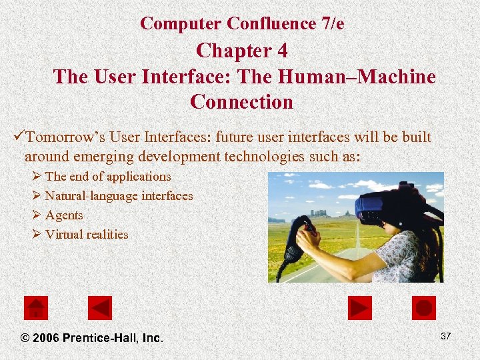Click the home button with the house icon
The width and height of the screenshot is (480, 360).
[35, 308]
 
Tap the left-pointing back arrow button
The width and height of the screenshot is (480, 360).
[100, 308]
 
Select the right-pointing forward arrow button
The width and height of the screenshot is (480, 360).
[360, 308]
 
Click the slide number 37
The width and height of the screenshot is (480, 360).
[445, 336]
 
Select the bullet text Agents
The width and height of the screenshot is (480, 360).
[64, 215]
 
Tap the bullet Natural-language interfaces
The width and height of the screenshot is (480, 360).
[119, 196]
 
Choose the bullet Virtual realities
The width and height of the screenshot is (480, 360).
[87, 235]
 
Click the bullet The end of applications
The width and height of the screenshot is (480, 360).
[108, 177]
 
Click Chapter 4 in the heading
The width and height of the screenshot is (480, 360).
[241, 51]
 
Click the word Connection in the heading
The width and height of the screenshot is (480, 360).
[241, 102]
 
